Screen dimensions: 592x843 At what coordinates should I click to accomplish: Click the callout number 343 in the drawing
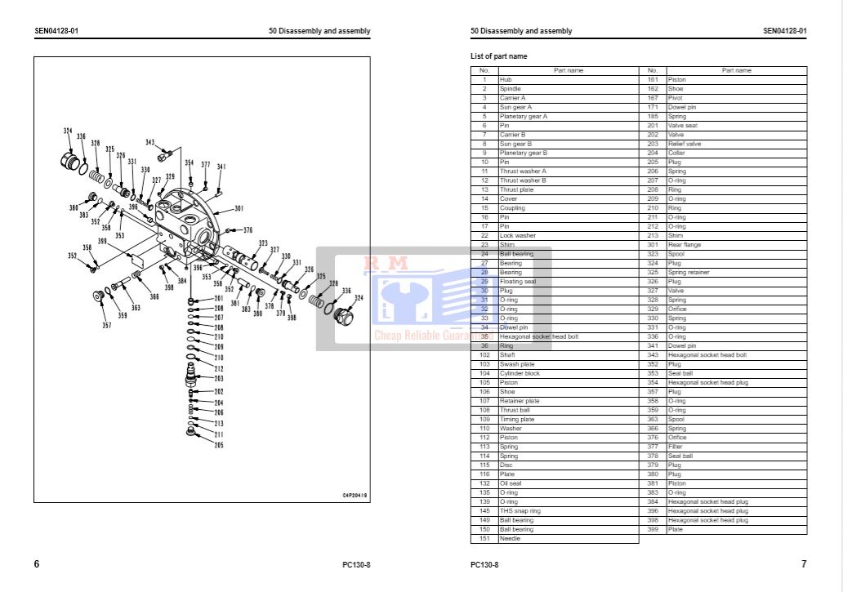(150, 142)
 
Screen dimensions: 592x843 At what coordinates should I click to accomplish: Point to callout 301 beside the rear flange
(239, 208)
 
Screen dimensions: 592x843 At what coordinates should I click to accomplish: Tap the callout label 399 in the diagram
(102, 241)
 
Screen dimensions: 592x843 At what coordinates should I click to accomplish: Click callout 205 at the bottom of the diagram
(219, 445)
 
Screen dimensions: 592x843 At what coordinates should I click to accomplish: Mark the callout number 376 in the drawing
(248, 230)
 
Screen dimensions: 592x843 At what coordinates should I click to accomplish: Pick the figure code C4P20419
(355, 495)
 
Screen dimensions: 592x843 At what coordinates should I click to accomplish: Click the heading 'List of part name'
(499, 56)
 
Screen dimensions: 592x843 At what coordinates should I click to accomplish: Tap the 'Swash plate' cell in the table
(517, 364)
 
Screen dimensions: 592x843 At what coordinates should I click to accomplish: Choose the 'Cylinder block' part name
(520, 373)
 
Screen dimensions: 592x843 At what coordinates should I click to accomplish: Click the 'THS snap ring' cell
(520, 511)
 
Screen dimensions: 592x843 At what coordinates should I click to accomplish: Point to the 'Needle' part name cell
(510, 538)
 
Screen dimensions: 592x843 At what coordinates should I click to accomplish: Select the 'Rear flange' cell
(684, 245)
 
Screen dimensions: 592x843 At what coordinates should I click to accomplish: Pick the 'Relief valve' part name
(685, 144)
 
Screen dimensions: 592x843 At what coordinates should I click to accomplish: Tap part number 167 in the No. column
(653, 98)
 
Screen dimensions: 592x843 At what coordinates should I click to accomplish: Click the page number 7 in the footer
(804, 564)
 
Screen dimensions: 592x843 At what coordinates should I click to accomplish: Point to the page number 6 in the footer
(37, 564)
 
